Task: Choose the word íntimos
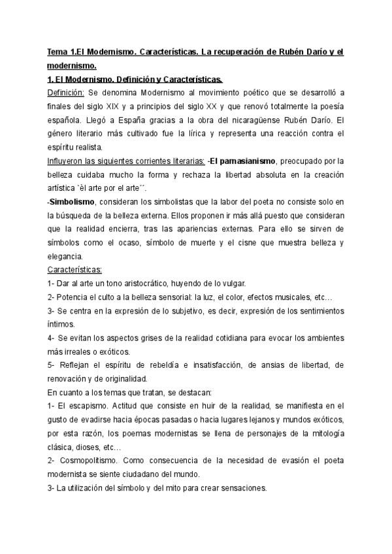[x=61, y=325]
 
